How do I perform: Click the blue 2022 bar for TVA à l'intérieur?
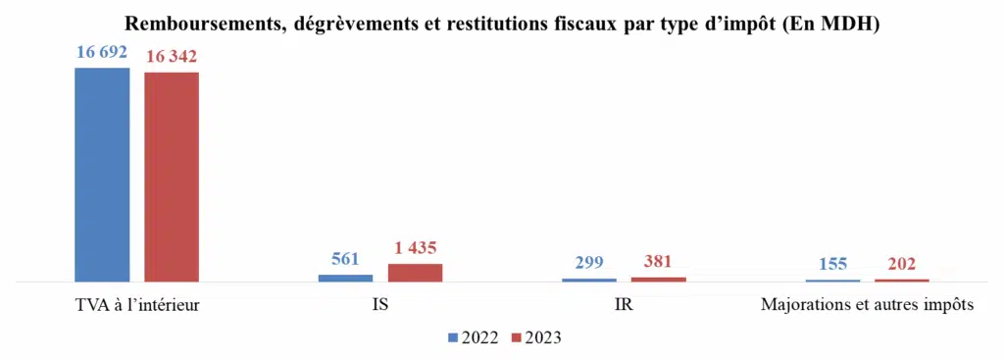tap(102, 176)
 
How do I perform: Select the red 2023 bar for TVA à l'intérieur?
tap(172, 178)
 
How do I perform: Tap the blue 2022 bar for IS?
tap(345, 279)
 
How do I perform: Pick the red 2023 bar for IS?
tap(415, 273)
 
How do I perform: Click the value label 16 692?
tap(102, 52)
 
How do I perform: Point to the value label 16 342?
tap(172, 57)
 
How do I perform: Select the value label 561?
tap(345, 260)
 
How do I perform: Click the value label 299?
tap(588, 263)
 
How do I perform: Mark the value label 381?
tap(659, 262)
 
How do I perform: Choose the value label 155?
tap(831, 265)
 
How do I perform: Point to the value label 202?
tap(901, 264)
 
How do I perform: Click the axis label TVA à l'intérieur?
tap(137, 305)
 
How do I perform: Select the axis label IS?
tap(380, 305)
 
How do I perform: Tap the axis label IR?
tap(624, 305)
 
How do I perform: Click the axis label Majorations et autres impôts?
tap(867, 305)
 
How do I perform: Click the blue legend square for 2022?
tap(453, 337)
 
